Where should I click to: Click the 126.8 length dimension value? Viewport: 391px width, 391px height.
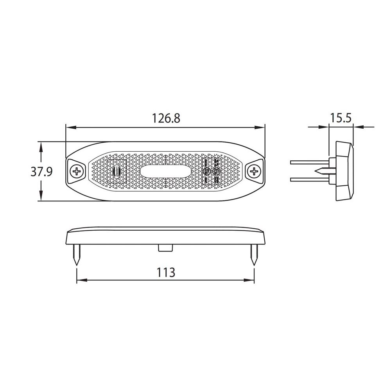click(x=166, y=118)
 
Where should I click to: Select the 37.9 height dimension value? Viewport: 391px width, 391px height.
click(x=41, y=172)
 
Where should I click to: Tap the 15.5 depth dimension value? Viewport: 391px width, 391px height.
click(x=341, y=117)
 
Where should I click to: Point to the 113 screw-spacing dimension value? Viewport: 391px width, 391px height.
click(x=166, y=272)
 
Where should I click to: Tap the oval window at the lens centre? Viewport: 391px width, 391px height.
click(x=165, y=171)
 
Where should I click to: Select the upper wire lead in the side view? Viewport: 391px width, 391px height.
click(x=309, y=162)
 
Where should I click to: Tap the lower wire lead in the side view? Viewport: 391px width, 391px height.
click(x=309, y=179)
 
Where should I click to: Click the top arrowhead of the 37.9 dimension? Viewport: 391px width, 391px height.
click(x=41, y=145)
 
